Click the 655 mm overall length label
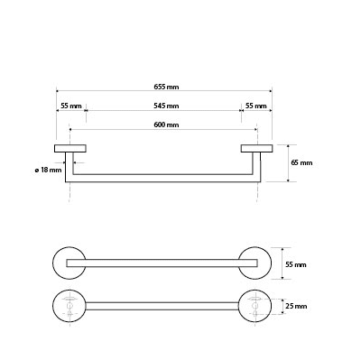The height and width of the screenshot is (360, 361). (166, 87)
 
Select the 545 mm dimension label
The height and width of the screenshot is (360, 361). (166, 106)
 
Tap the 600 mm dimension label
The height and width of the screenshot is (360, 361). (166, 125)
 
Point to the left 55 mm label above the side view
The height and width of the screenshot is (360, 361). (71, 106)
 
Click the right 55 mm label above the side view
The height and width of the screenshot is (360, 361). (256, 106)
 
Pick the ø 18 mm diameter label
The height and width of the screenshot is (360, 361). (48, 171)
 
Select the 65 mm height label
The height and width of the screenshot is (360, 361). (301, 162)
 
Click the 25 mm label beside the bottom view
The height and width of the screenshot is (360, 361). (296, 306)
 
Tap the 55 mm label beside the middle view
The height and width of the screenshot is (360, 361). (296, 264)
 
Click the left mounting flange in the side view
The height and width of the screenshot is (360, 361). (70, 148)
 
